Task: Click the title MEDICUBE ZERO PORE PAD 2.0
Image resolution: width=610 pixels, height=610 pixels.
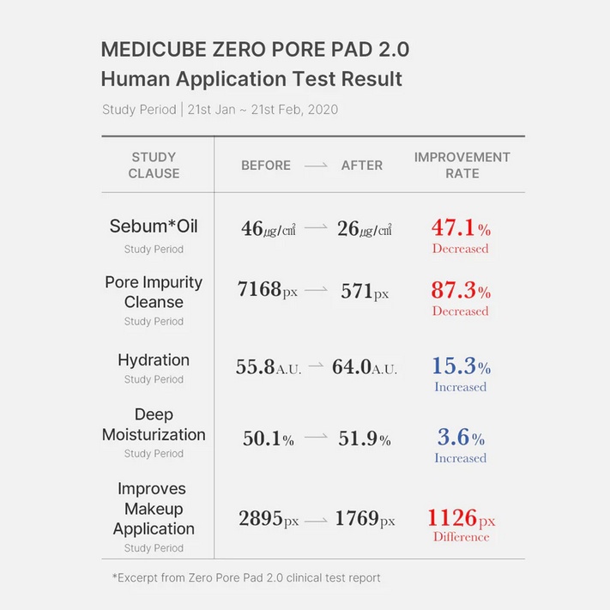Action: (255, 49)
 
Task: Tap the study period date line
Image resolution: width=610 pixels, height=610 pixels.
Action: (220, 109)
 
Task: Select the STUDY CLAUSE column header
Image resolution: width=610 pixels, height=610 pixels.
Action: (154, 165)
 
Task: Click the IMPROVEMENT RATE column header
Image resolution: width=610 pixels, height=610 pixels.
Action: (462, 165)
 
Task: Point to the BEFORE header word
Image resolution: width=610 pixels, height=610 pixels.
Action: (266, 166)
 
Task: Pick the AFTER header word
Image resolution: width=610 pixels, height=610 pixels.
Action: (362, 166)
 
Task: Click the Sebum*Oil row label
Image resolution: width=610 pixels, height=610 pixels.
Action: (154, 226)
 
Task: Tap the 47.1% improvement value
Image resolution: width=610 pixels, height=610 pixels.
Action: (461, 229)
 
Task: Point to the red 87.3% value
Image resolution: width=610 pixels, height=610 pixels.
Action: (461, 291)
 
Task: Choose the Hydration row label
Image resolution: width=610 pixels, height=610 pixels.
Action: (154, 360)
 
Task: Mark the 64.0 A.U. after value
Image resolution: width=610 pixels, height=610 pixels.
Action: (365, 367)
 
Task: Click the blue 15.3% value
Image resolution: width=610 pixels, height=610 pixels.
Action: (461, 366)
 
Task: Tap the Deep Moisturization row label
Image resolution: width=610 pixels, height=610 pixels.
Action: (154, 425)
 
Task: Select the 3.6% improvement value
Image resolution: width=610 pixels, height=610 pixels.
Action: (461, 438)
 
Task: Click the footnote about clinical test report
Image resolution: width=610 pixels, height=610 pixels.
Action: (246, 577)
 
